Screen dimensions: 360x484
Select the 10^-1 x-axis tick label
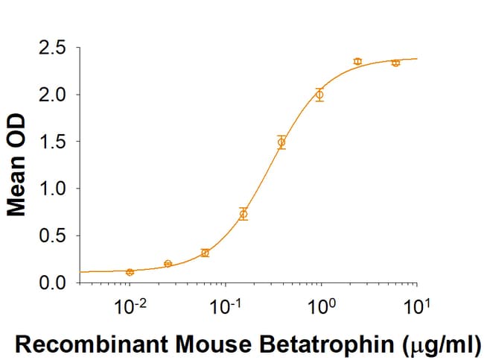click(x=224, y=305)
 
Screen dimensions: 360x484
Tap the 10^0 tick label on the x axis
click(x=320, y=305)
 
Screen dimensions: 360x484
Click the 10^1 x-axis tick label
click(x=415, y=305)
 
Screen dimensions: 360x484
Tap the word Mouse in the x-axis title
click(x=231, y=344)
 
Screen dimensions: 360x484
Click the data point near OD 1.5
click(x=281, y=142)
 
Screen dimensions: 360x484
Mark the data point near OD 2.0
click(x=319, y=95)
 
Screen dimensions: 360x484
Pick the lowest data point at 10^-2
click(x=130, y=272)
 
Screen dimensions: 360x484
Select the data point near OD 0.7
click(x=243, y=214)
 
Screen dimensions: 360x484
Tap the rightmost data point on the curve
click(x=395, y=63)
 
